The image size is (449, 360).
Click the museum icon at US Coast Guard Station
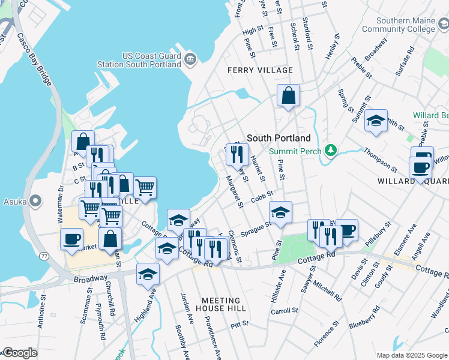(191, 58)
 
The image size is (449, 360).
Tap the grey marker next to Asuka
(36, 200)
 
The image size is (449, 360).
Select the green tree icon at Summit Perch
(329, 149)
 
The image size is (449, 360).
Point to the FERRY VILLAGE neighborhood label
(260, 70)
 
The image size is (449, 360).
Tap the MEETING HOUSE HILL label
(221, 304)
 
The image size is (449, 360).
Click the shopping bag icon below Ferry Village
(288, 95)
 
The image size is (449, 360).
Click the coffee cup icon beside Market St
(71, 238)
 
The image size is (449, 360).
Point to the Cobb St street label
(262, 196)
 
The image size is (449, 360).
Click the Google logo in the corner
(20, 353)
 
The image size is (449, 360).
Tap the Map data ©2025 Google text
(412, 355)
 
